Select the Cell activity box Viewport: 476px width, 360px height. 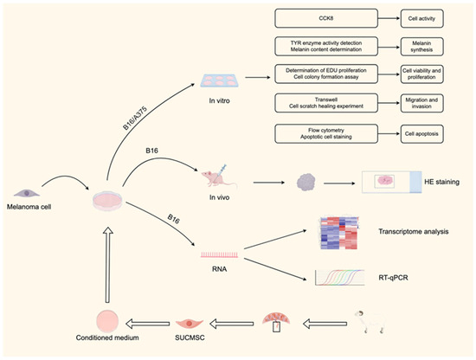(428, 16)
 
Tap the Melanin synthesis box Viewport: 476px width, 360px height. (428, 47)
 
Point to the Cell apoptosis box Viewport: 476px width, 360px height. (428, 134)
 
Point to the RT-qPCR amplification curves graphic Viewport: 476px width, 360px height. (341, 278)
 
